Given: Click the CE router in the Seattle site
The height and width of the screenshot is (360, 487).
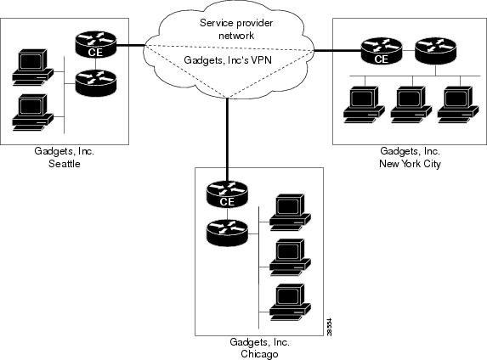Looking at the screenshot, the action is pos(96,44).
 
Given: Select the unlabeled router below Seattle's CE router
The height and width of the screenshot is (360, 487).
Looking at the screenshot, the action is pos(96,83).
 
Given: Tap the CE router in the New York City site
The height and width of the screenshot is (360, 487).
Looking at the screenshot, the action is pos(382,51).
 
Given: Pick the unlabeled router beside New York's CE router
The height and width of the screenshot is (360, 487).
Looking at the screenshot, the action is pos(436,51).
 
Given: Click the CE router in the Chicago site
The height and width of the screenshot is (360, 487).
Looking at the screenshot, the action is pos(227,194).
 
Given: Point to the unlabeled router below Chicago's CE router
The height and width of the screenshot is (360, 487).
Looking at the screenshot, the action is pos(227,233).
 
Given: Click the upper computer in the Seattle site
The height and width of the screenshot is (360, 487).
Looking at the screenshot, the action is pos(32,67).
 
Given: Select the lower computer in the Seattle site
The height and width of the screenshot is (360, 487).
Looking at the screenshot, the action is pos(32,112).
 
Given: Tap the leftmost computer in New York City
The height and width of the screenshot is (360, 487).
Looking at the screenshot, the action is pos(364,104).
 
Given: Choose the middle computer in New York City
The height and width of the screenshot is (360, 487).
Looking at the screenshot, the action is pos(411,104).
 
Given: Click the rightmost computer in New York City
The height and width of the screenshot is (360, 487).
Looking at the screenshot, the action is pos(458,104).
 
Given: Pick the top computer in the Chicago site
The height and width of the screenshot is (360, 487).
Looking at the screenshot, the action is pos(290,212).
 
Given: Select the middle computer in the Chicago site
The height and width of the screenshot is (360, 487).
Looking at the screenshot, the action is pos(290,257).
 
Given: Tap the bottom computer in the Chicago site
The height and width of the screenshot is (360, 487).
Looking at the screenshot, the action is pos(290,302).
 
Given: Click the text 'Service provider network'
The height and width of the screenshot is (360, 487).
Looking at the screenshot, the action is pos(236,29).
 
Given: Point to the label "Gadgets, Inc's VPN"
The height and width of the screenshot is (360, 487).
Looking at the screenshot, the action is pos(228,59).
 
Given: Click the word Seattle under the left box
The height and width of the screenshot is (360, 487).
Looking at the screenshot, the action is pos(65,164).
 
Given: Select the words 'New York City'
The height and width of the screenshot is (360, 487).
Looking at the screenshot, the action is pos(410,164).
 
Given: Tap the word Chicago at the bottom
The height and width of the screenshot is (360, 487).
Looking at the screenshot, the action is pos(259,354).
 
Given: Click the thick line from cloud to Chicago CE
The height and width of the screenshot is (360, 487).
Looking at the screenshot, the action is pos(227,140).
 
